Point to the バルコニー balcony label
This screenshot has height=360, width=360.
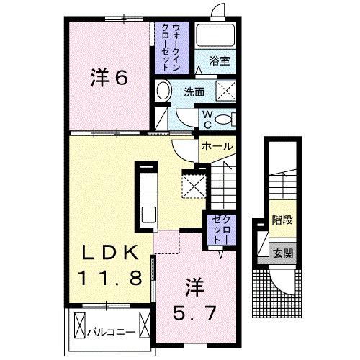(108, 333)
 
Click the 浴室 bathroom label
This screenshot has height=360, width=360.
(220, 62)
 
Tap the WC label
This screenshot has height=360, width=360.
(206, 119)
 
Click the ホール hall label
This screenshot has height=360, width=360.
(216, 147)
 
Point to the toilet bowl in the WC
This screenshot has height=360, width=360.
(225, 120)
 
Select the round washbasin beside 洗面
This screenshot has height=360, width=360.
(163, 91)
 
